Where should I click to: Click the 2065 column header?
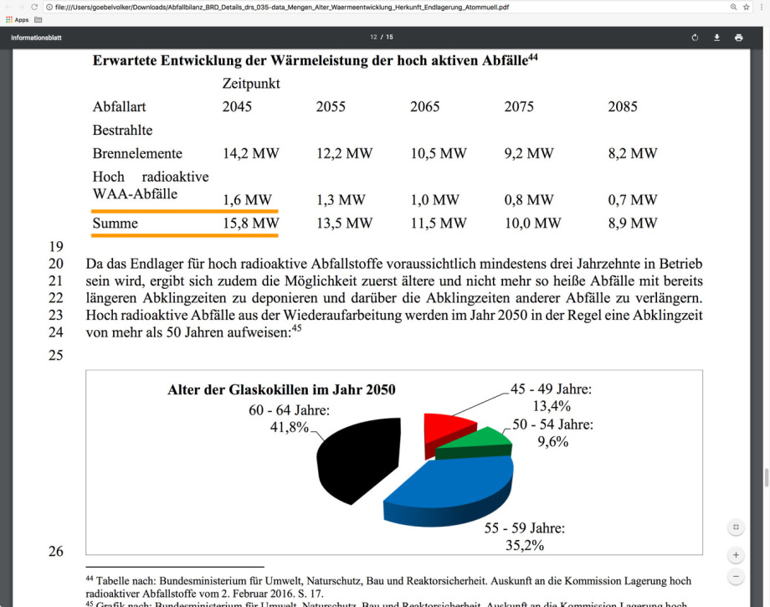pos(424,106)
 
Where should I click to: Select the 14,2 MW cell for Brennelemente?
pos(250,153)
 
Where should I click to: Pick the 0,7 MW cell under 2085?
pos(632,200)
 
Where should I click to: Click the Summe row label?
pos(116,224)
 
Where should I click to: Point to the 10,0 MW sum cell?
pos(532,224)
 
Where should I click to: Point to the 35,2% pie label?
pos(525,545)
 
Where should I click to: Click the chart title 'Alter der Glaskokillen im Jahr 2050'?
pos(281,389)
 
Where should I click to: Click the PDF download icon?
pos(716,38)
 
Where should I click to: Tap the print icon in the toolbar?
pos(738,38)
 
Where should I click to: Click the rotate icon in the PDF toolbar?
pos(695,38)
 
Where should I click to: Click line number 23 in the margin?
pos(56,316)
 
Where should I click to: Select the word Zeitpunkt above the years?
pos(251,84)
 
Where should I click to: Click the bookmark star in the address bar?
pos(746,7)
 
